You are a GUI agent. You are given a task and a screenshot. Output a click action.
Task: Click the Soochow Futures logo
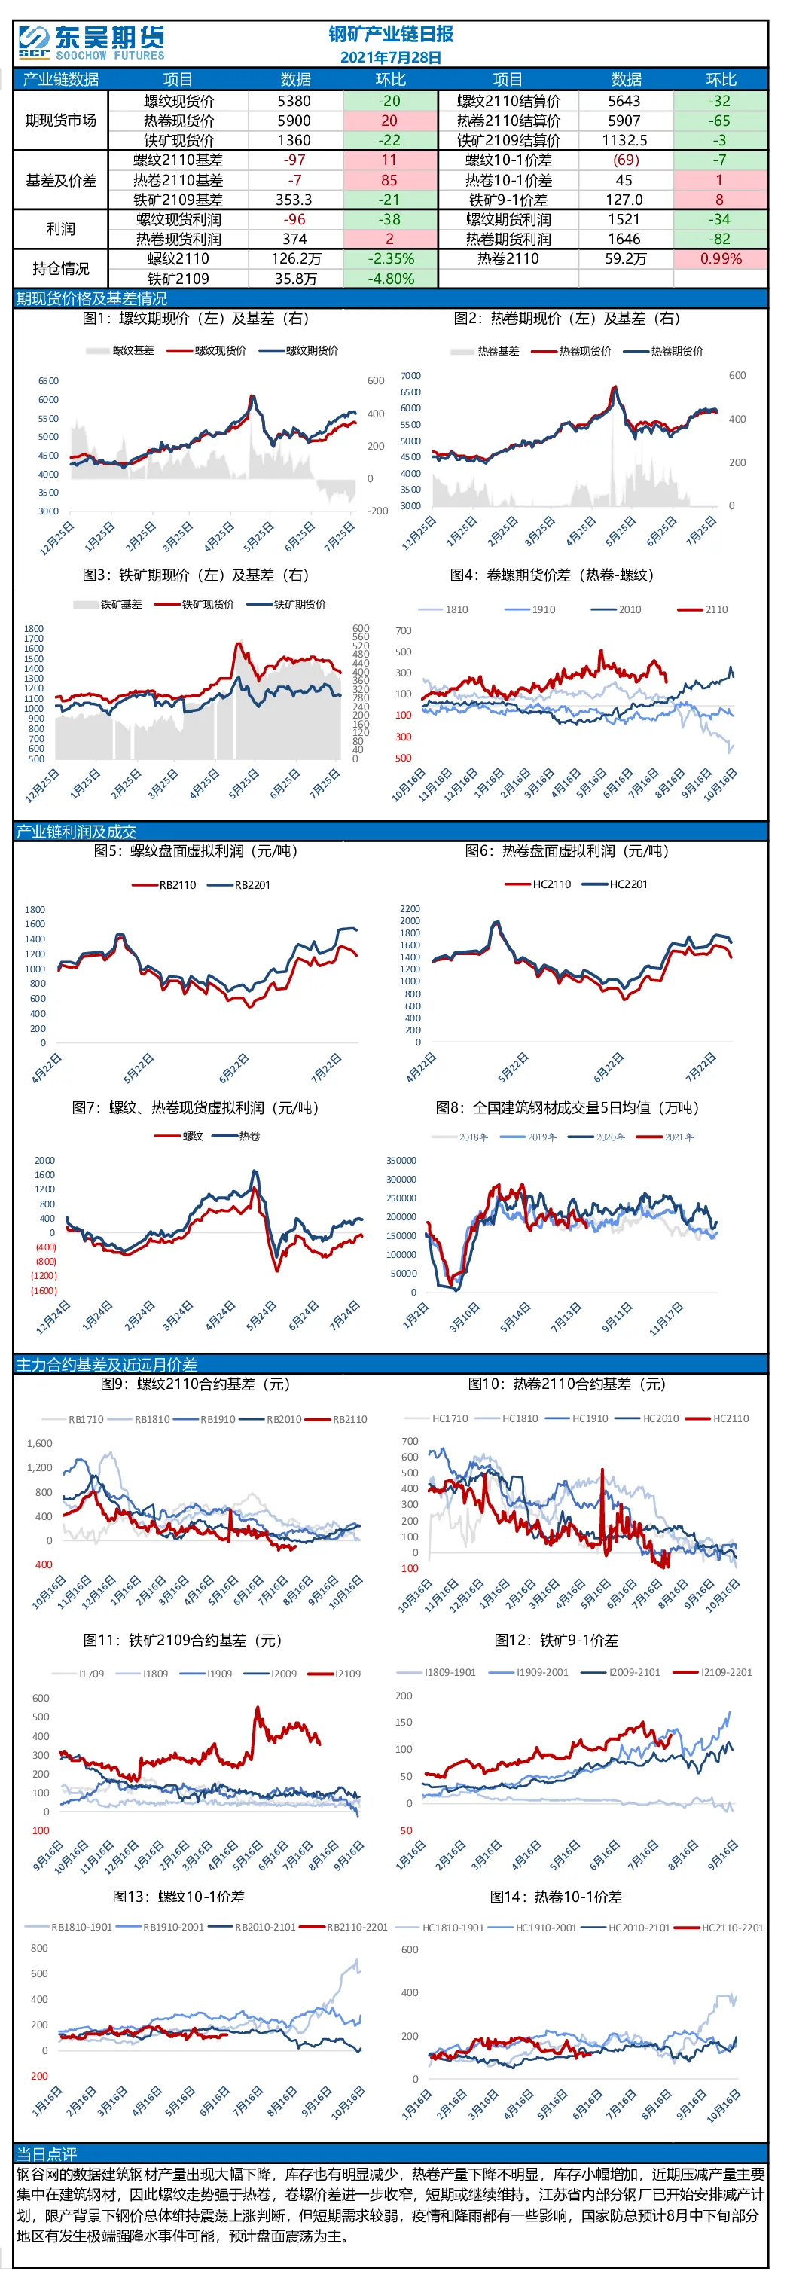92,41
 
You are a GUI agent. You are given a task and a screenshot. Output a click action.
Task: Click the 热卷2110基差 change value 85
389,180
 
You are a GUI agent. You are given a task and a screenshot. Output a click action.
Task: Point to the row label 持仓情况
61,268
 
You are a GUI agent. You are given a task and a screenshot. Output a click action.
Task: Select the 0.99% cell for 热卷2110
721,258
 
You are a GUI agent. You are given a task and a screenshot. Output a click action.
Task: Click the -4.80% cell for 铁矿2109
389,279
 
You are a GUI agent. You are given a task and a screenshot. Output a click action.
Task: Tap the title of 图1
196,319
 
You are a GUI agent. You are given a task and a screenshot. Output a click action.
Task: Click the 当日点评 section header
47,2153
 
